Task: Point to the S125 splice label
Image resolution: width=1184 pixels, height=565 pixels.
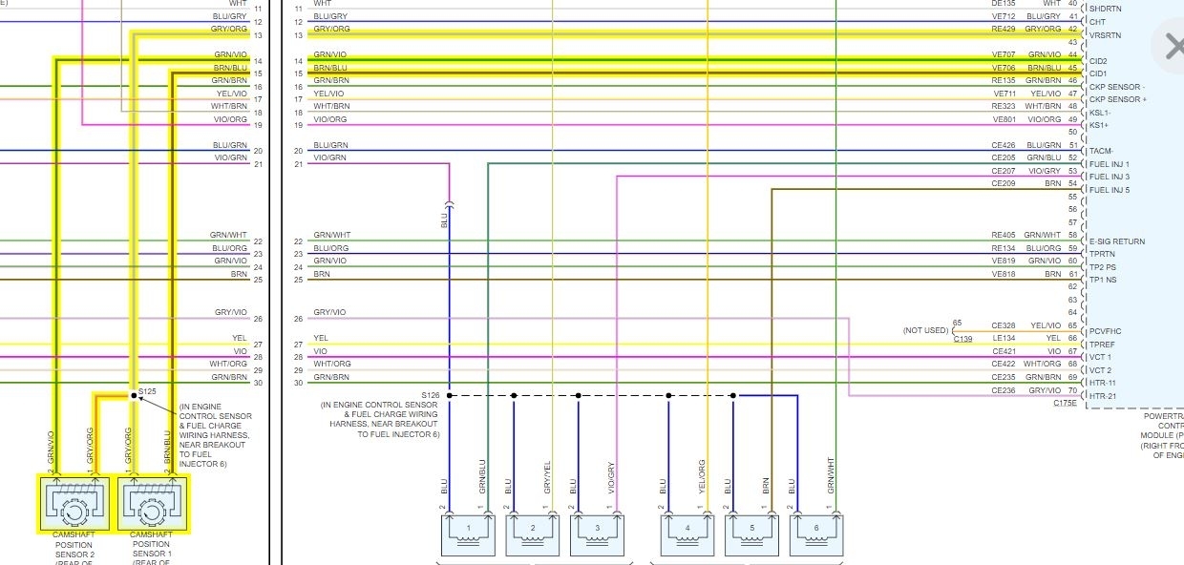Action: [x=147, y=390]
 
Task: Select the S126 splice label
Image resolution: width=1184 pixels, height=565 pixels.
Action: [x=431, y=394]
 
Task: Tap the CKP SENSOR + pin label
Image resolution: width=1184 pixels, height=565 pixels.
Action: [x=1118, y=99]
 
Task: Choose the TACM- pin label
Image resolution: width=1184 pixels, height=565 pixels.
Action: [x=1101, y=151]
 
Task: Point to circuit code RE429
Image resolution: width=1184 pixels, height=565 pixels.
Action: [x=1003, y=29]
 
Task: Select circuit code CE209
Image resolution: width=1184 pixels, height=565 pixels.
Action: [x=1003, y=183]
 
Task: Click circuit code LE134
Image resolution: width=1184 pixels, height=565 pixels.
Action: [x=1003, y=338]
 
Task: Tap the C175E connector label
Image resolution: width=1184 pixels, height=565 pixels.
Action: [x=1065, y=403]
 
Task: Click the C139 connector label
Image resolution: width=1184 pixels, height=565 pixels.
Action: [x=963, y=339]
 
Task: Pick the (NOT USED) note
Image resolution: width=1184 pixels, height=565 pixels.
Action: [x=925, y=330]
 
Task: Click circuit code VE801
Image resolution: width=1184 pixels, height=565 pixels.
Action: [x=1004, y=119]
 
